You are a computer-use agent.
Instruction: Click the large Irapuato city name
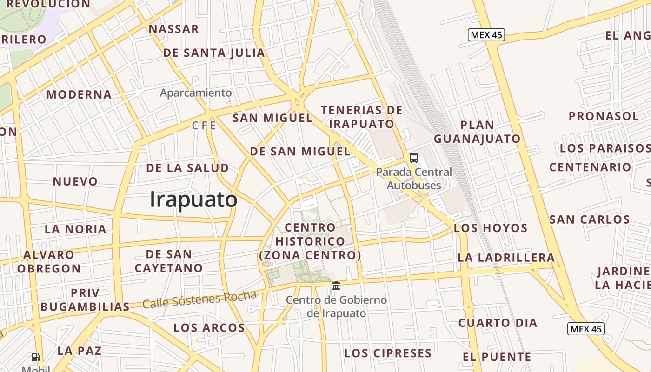coord(193,199)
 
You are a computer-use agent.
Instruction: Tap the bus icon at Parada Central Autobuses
coord(413,158)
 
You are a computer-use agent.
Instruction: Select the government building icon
coord(336,286)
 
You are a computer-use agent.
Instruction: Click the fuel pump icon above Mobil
coord(35,357)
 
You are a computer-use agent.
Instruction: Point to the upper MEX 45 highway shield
coord(486,35)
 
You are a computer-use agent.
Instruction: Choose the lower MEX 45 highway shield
coord(585,329)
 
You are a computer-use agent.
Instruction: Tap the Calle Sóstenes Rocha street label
coord(199,300)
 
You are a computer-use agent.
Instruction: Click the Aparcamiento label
coord(195,93)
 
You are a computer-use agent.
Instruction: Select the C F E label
coord(204,126)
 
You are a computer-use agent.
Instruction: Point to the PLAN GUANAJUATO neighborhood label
coord(477,132)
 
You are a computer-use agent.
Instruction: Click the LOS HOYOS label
coord(491,228)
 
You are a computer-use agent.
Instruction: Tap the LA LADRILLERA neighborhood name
coord(506,257)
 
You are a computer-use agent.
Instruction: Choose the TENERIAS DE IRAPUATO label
coord(362,117)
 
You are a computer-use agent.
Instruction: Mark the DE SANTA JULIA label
coord(214,53)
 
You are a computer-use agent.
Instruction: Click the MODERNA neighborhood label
coord(79,94)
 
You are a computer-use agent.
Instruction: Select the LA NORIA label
coord(75,229)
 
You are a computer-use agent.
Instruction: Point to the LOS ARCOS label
coord(209,327)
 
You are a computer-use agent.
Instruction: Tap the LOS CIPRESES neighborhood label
coord(388,353)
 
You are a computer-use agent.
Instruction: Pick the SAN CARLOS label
coord(590,219)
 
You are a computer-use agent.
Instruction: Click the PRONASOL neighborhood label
coord(604,116)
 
